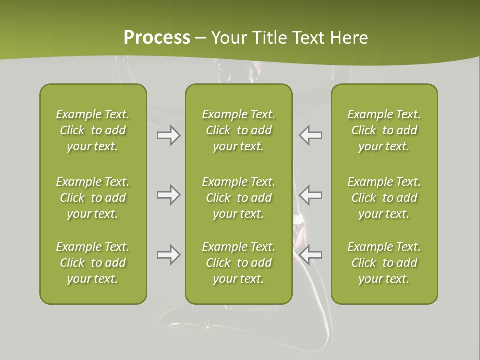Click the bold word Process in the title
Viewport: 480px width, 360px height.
[x=157, y=38]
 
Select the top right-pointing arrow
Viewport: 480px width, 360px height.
[x=168, y=135]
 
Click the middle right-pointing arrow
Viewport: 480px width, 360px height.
[x=168, y=195]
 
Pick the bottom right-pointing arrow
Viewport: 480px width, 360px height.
[x=168, y=255]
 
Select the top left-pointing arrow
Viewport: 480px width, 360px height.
[x=311, y=135]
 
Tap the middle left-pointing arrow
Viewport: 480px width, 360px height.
[x=311, y=195]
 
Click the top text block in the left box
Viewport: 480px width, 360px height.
[x=93, y=130]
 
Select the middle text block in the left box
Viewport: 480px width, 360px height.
[x=93, y=198]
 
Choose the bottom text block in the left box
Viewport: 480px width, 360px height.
[x=93, y=263]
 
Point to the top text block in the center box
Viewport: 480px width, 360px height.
[x=238, y=130]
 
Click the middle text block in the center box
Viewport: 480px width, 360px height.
[x=238, y=198]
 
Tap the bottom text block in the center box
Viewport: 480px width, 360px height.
[x=238, y=263]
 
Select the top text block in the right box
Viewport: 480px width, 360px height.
[x=384, y=130]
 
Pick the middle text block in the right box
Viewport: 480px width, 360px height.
[x=384, y=198]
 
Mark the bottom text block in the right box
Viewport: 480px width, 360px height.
[x=384, y=263]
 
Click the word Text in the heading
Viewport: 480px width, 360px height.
[x=308, y=38]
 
